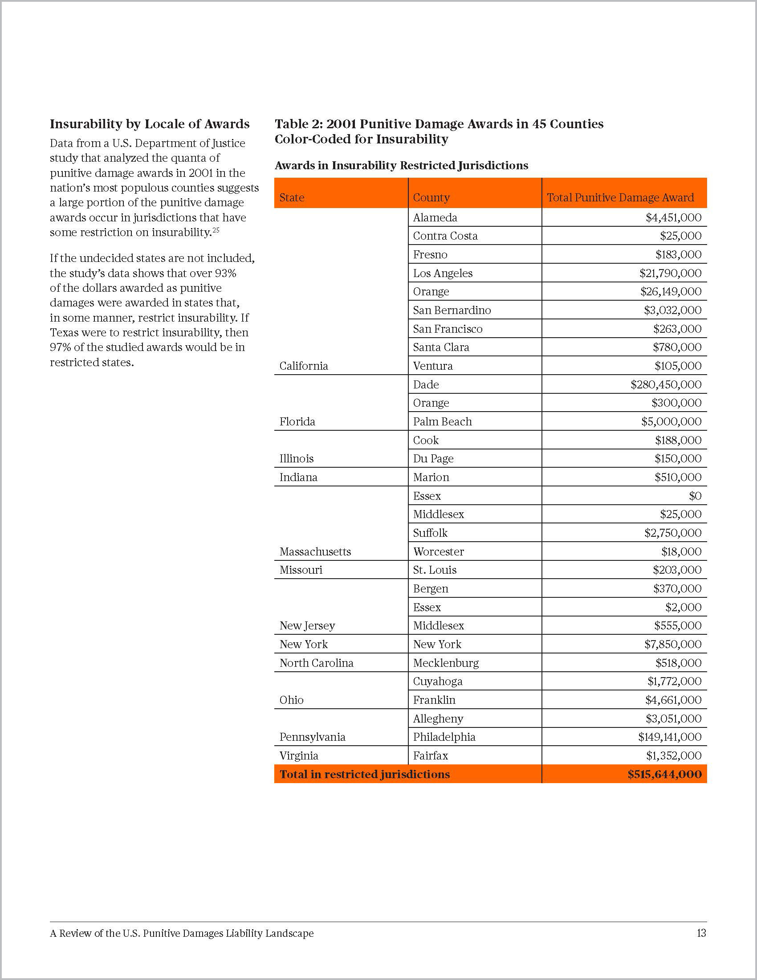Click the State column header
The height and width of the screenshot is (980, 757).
[x=292, y=197]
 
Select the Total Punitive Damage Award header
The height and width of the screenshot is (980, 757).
[x=620, y=197]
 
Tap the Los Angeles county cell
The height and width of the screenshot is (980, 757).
[x=443, y=273]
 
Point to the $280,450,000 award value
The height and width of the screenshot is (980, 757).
[x=666, y=384]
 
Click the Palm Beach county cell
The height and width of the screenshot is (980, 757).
[x=442, y=422]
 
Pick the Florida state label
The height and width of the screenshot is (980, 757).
[x=297, y=422]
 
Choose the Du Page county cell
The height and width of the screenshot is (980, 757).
[x=433, y=458]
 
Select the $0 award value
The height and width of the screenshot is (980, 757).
[x=695, y=496]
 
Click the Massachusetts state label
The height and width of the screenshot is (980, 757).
[x=315, y=551]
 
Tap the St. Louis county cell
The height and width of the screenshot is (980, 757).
[x=435, y=570]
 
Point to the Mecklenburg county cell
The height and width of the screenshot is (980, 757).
[x=446, y=663]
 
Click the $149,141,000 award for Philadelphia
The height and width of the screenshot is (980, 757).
[x=670, y=737]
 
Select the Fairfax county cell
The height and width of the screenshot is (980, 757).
[x=431, y=755]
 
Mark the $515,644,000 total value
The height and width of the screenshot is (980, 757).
[x=665, y=775]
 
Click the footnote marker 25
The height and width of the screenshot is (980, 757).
[x=216, y=230]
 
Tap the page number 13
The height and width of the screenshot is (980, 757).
[x=701, y=933]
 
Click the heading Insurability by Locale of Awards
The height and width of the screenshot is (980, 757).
[x=150, y=124]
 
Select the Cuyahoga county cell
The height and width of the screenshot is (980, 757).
[x=438, y=681]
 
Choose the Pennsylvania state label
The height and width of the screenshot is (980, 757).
[x=313, y=737]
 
